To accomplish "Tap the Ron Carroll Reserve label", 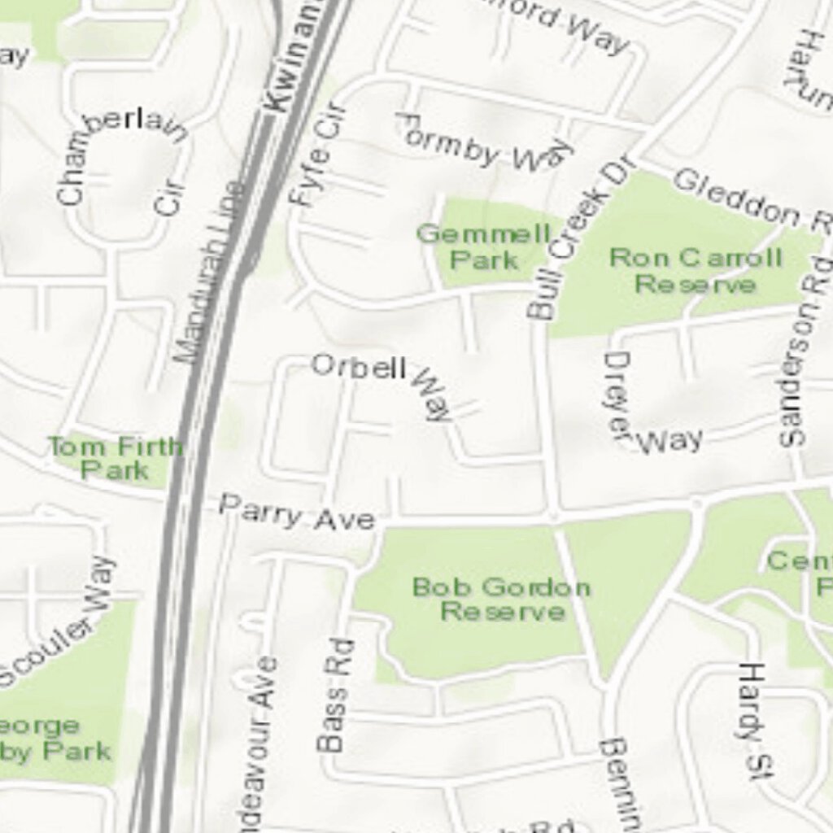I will click(x=696, y=271).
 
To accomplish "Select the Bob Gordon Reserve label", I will click(x=502, y=599).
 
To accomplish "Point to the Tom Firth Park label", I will click(x=115, y=458).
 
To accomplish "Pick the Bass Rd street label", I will click(x=334, y=696).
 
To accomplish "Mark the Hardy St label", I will click(x=752, y=720).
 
